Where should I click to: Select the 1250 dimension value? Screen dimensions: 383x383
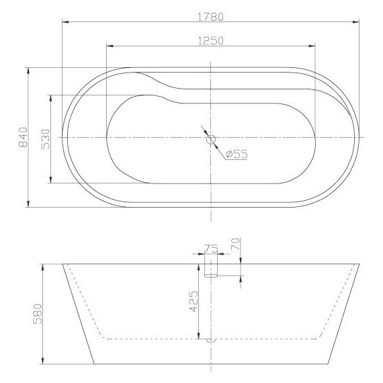pos(210,40)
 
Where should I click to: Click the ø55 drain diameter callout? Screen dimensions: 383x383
pos(237,155)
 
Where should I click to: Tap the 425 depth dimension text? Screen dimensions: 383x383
pos(194,302)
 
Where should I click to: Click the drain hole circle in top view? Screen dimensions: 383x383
pos(211,140)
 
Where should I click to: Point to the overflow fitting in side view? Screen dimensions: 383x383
pos(211,270)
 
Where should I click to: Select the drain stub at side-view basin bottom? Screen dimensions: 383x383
pos(211,339)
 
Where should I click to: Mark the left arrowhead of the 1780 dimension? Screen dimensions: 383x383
pos(64,22)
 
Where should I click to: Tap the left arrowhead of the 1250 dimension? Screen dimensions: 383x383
pos(109,46)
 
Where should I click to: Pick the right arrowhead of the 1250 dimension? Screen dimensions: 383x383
pos(313,46)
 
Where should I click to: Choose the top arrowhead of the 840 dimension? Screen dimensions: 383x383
pos(28,69)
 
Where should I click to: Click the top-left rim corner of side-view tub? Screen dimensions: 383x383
pos(63,263)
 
